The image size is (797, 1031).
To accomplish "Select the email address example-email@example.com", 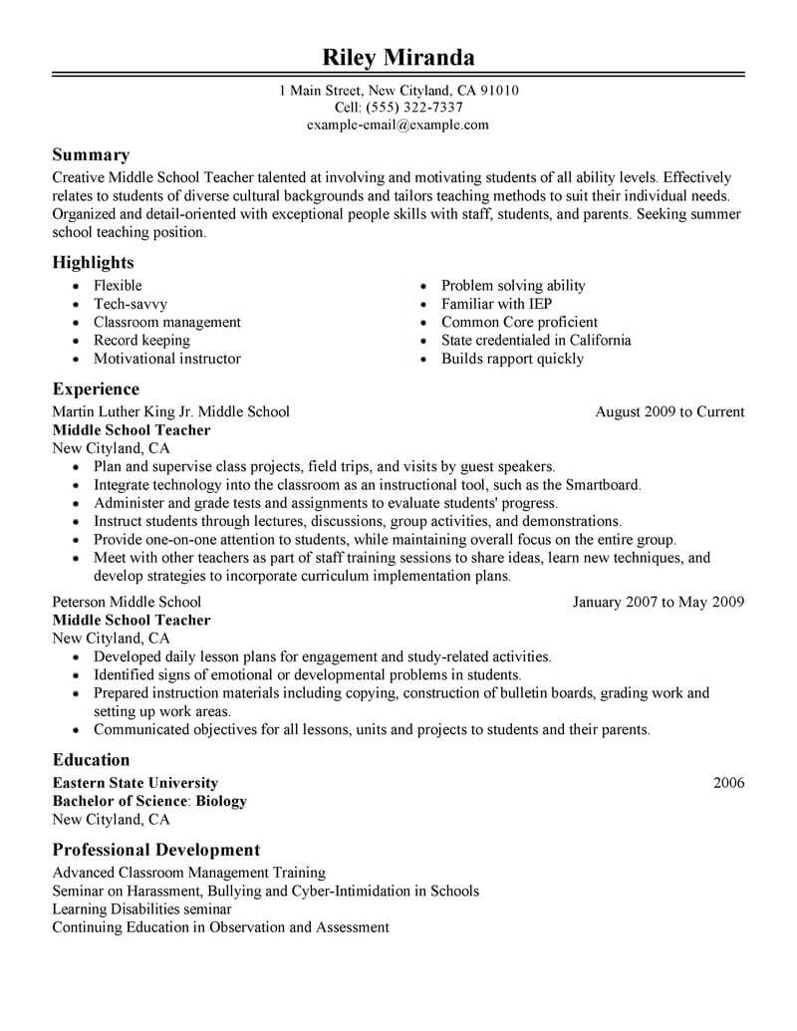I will point(398,125).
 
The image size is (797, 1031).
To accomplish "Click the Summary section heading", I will point(91,155).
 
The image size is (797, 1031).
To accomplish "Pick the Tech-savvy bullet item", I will point(131,304).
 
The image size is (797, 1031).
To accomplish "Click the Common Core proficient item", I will point(519,322).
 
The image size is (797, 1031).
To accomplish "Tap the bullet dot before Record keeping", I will point(77,342).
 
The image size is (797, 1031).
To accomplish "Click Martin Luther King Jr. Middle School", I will point(170,411).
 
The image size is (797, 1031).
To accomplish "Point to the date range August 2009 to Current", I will point(669,411).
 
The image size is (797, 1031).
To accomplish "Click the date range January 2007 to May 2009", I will point(659,602).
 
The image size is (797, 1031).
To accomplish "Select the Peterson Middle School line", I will point(127,602).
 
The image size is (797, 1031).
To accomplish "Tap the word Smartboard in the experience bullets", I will point(603,485).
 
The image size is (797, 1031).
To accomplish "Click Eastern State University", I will point(134,783).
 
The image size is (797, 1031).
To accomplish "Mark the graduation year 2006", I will point(729,783).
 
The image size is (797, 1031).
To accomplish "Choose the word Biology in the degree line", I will point(219,801).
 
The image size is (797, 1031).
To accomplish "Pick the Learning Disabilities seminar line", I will point(141,909).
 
